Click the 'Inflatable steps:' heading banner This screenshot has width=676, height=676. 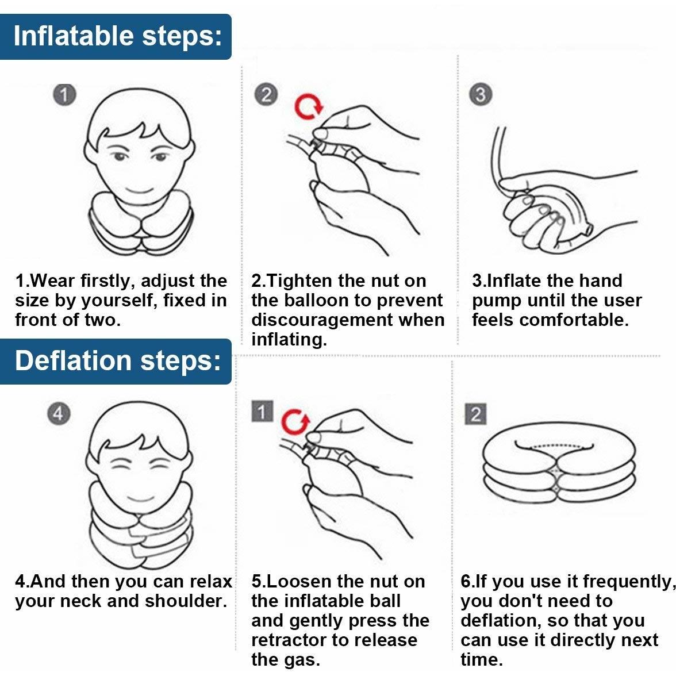pos(116,37)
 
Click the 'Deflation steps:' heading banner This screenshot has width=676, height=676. pos(116,361)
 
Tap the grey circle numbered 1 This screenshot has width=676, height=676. pos(64,95)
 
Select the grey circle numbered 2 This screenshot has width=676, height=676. pos(266,95)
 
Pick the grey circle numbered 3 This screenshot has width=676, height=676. pos(481,95)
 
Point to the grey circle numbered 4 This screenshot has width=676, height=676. pos(59,414)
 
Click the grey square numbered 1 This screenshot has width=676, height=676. pos(262,412)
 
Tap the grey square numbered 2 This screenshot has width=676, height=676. pos(475,414)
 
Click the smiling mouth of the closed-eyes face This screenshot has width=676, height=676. pos(140,499)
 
